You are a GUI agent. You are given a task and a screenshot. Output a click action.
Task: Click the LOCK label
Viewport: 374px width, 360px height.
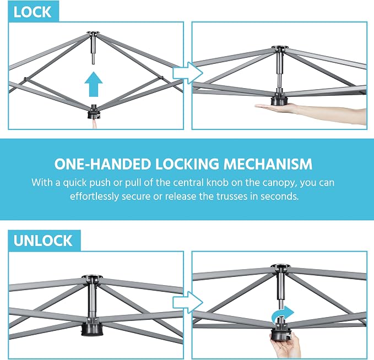(x=32, y=12)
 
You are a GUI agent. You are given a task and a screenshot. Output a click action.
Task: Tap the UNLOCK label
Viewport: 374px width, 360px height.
(x=43, y=241)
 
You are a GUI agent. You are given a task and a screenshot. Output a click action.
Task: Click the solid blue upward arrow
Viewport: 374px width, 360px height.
(x=94, y=84)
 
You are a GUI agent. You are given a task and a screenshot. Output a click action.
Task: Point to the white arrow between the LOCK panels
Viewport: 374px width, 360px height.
(x=188, y=73)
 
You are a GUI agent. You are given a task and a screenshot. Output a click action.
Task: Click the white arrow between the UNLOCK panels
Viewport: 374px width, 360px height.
(x=188, y=303)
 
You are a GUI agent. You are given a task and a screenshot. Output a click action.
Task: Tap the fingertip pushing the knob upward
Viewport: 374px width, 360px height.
(x=95, y=124)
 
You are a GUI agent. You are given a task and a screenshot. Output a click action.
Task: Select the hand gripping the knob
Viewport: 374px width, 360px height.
(x=285, y=345)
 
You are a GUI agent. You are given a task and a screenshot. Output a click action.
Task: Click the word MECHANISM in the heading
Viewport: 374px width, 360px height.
(x=268, y=164)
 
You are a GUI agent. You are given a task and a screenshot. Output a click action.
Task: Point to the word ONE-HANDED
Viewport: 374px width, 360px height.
(x=103, y=164)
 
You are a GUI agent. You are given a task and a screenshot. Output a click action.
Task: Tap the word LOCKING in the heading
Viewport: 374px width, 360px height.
(x=187, y=164)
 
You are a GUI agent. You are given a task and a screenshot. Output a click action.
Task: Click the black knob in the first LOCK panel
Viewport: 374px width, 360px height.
(x=95, y=112)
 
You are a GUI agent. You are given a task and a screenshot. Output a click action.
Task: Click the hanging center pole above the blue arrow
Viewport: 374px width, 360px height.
(x=93, y=50)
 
